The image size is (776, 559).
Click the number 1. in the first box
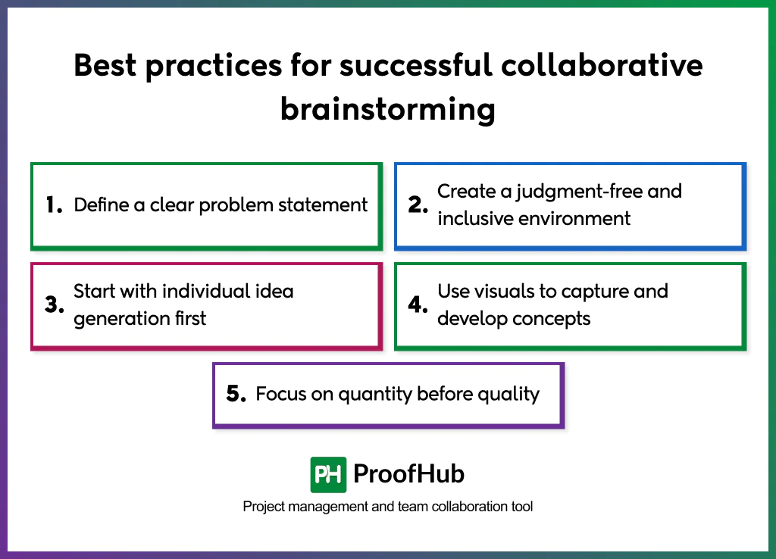(x=53, y=205)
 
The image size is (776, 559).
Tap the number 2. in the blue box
(x=418, y=205)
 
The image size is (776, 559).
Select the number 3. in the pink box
(x=53, y=305)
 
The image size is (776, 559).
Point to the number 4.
(x=418, y=305)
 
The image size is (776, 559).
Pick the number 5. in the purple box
(x=236, y=394)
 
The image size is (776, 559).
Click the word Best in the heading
(x=106, y=67)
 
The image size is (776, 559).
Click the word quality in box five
(x=508, y=395)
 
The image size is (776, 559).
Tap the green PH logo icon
(x=328, y=475)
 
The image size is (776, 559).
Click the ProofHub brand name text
(x=408, y=475)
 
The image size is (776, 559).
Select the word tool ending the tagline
(x=521, y=506)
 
